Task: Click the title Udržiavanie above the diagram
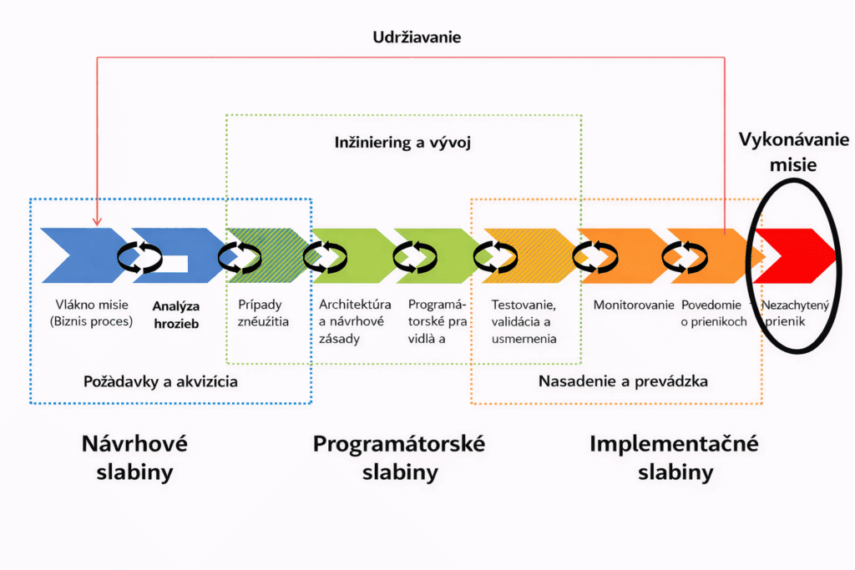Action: (417, 38)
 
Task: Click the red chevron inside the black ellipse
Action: (797, 255)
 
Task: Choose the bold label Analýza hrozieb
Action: (176, 314)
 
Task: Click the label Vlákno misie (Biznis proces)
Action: (92, 312)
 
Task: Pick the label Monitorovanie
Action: (633, 305)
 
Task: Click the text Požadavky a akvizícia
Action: (161, 381)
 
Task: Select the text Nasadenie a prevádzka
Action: (623, 381)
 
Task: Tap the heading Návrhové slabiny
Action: (134, 457)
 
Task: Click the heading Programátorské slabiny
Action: (399, 457)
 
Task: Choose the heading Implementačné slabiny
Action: (675, 457)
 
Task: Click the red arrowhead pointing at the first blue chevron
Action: (98, 221)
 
